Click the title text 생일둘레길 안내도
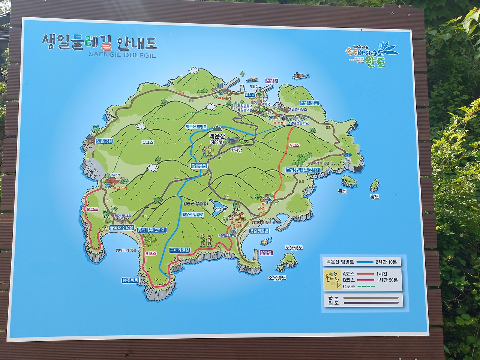click(99, 43)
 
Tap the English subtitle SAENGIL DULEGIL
click(122, 55)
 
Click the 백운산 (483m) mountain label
click(217, 139)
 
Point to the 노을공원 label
click(104, 141)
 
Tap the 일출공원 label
click(199, 166)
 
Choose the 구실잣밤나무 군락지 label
click(303, 170)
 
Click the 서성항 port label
click(271, 81)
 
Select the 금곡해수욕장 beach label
click(121, 228)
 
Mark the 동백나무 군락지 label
click(151, 230)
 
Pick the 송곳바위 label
click(130, 280)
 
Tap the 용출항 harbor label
click(266, 253)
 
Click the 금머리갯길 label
click(180, 250)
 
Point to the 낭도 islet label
click(375, 196)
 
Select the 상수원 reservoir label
click(220, 209)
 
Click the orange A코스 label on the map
click(294, 145)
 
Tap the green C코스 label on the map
click(148, 142)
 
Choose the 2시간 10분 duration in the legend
click(386, 262)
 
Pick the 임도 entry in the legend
click(333, 303)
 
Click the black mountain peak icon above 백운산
click(217, 129)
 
